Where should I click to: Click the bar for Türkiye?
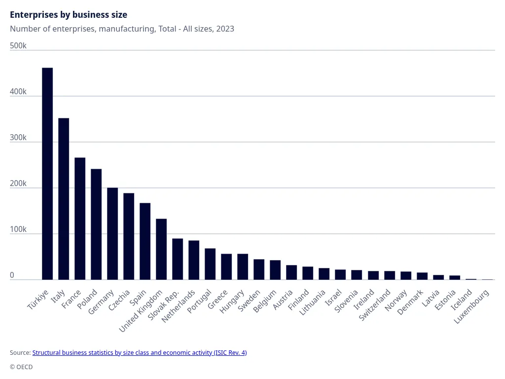click(47, 174)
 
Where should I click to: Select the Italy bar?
click(64, 199)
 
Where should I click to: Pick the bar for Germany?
click(112, 234)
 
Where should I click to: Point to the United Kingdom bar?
click(161, 249)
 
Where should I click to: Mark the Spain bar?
click(145, 241)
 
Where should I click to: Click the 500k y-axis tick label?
click(18, 46)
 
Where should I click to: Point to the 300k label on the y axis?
click(18, 138)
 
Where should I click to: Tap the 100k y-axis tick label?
click(18, 229)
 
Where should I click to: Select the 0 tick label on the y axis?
click(12, 275)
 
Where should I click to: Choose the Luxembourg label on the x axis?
click(472, 306)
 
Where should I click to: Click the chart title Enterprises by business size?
click(69, 15)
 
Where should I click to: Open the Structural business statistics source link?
click(140, 353)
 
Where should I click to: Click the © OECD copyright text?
click(21, 367)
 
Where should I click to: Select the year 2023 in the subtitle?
click(225, 29)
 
